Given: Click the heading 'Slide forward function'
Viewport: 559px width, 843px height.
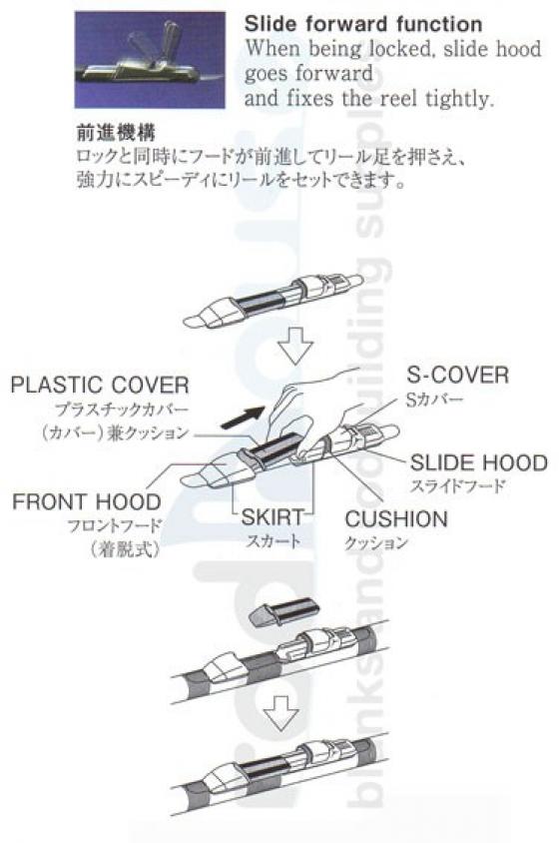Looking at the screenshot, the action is click(363, 24).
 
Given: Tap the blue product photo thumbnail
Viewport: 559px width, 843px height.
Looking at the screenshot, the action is click(150, 60).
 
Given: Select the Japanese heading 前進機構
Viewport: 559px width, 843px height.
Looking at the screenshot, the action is click(116, 133).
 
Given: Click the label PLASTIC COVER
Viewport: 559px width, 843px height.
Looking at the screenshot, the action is click(100, 385).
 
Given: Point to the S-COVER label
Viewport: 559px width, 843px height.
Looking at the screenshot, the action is click(457, 375).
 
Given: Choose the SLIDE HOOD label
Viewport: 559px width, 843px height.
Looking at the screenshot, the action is click(479, 462).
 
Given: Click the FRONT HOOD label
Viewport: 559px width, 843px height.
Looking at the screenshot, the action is click(87, 501).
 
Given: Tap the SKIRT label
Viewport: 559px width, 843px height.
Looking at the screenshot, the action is click(273, 517).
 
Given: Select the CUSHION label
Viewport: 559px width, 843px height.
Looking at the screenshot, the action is click(396, 518).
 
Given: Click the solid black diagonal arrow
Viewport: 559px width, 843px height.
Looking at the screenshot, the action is click(243, 418).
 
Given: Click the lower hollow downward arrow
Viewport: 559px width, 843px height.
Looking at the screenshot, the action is click(281, 713).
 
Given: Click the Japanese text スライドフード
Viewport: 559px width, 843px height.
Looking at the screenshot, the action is click(458, 486).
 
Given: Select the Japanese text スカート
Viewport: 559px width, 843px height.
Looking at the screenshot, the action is click(274, 540).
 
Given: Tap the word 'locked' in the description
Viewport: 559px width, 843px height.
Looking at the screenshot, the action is click(399, 49).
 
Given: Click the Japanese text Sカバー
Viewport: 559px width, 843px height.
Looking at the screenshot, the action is click(434, 400).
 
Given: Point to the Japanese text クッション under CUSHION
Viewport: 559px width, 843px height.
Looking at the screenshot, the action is click(376, 543).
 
